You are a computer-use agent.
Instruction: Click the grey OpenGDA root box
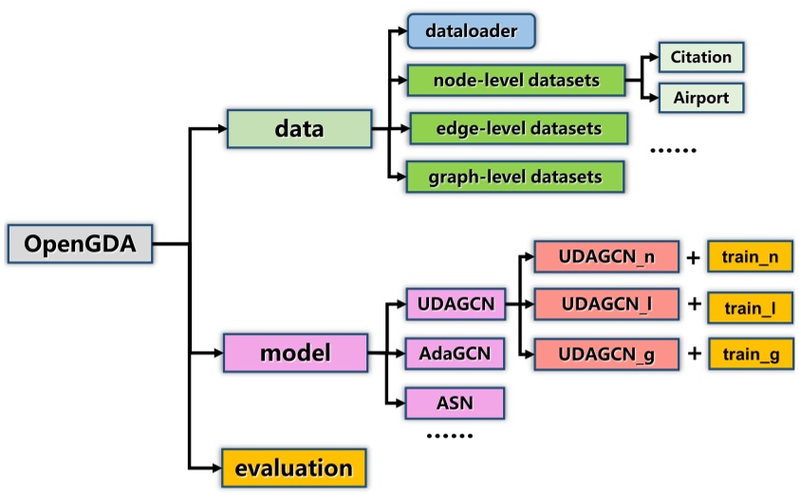click(x=80, y=244)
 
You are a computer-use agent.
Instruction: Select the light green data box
click(x=298, y=128)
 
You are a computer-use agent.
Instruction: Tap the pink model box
click(x=294, y=355)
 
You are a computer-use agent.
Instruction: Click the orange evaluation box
click(x=293, y=467)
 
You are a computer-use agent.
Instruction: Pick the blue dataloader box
click(x=472, y=32)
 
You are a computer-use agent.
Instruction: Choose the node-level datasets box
click(x=516, y=80)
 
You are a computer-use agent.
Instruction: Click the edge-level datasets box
click(x=516, y=128)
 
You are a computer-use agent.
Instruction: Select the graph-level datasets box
click(x=516, y=176)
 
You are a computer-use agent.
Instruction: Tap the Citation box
click(x=700, y=57)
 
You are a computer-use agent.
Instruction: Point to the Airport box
click(x=700, y=97)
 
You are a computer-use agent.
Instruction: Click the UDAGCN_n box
click(x=606, y=255)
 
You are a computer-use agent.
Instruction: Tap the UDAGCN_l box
click(x=606, y=304)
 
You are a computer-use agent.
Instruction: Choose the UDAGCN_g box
click(x=606, y=354)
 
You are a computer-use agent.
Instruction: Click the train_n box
click(x=750, y=255)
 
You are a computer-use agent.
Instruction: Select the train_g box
click(x=750, y=354)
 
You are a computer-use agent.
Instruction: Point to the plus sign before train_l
click(x=694, y=304)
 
